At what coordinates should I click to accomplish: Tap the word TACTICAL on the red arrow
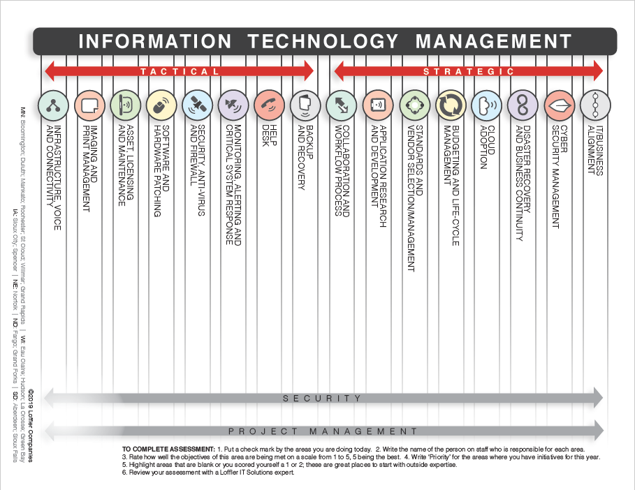click(x=179, y=71)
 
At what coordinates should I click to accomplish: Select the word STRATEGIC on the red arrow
click(x=469, y=71)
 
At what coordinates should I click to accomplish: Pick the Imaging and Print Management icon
click(x=89, y=106)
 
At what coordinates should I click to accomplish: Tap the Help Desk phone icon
click(x=270, y=106)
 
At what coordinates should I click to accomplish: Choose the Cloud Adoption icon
click(x=487, y=106)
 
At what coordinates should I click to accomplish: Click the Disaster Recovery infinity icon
click(x=523, y=106)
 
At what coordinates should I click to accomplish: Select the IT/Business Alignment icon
click(x=595, y=106)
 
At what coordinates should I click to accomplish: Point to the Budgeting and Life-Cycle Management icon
click(x=451, y=106)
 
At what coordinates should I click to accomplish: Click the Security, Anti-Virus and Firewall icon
click(x=198, y=106)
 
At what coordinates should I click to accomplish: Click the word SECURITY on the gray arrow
click(x=323, y=399)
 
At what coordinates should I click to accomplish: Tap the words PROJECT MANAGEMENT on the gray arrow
click(x=323, y=432)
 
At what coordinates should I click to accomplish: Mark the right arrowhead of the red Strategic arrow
click(x=597, y=70)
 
